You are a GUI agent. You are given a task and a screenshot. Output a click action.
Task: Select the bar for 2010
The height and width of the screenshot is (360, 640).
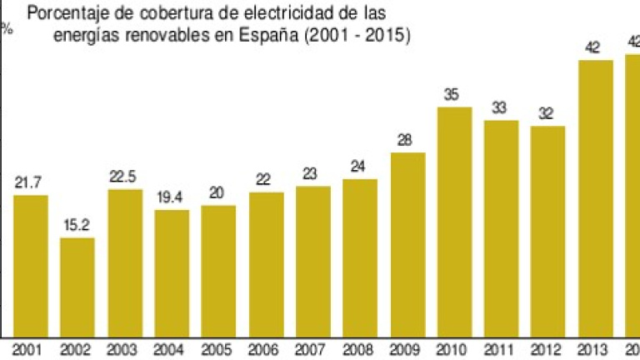454,221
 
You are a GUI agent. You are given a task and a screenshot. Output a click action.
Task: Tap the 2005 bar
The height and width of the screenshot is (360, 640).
218,270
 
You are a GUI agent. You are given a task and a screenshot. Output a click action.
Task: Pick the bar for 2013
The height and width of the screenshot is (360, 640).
595,197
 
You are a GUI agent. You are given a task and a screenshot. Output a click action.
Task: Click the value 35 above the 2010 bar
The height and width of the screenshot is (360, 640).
454,95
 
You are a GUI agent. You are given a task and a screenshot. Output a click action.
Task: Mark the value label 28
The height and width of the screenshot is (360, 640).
407,141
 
